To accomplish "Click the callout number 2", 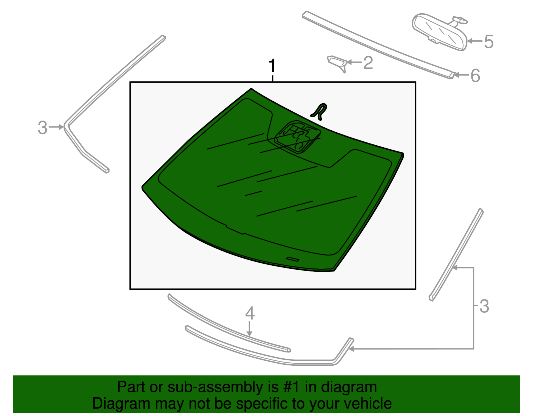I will click(368, 63).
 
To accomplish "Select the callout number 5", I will click(488, 42).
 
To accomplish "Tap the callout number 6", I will click(475, 76).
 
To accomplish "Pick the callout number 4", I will click(250, 313).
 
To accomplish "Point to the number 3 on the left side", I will click(42, 128).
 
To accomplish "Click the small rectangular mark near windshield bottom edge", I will click(292, 259).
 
